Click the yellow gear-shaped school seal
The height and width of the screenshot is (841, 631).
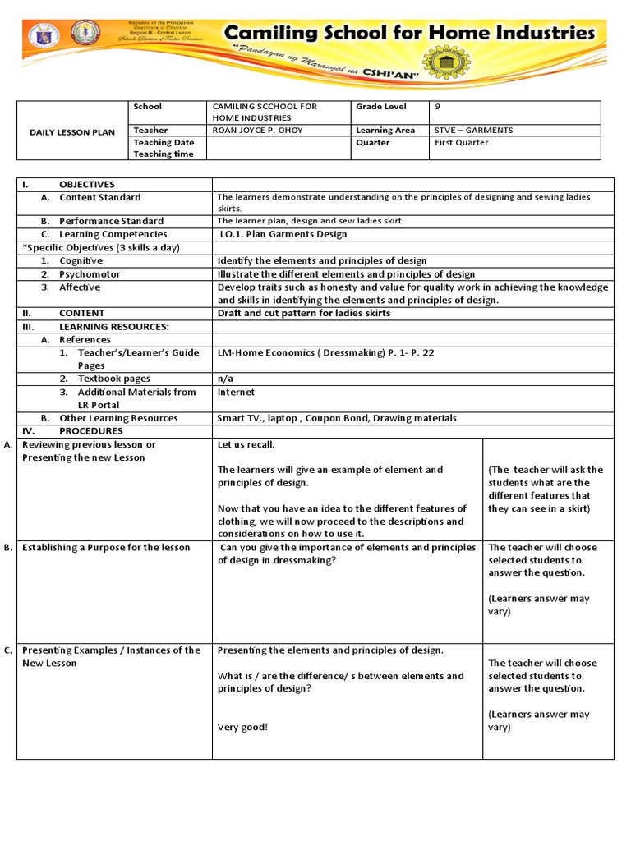(449, 62)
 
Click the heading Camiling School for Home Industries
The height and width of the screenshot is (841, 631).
(409, 33)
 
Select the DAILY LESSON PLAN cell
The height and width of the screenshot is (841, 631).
(72, 131)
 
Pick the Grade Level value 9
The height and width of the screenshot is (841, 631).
(438, 107)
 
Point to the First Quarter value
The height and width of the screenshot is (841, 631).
(461, 142)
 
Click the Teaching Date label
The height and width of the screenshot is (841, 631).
(164, 143)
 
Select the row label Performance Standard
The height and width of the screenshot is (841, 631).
(110, 221)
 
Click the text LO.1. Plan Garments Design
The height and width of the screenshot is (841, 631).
(283, 234)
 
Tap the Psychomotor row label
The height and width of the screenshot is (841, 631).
(90, 274)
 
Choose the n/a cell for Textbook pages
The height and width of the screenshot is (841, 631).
(224, 379)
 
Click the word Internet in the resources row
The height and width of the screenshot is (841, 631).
(236, 392)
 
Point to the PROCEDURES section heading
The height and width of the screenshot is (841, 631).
(90, 431)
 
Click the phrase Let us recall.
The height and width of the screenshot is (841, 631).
(246, 445)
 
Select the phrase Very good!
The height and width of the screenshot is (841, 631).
(242, 727)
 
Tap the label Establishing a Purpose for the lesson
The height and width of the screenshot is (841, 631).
(106, 548)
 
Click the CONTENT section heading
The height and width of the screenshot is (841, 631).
(81, 313)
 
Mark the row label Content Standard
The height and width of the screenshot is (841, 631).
(99, 197)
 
